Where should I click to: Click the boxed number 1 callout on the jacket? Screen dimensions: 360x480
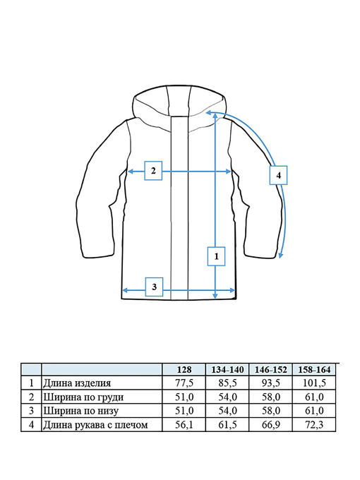pyautogui.click(x=216, y=256)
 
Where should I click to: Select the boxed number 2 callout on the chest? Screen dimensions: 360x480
pyautogui.click(x=153, y=171)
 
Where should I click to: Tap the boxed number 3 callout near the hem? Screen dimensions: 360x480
pyautogui.click(x=154, y=287)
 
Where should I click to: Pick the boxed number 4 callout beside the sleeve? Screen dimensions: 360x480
pyautogui.click(x=278, y=175)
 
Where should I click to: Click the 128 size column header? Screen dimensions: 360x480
pyautogui.click(x=184, y=370)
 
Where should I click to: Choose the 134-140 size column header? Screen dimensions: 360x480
pyautogui.click(x=227, y=370)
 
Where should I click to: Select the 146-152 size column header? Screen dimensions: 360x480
pyautogui.click(x=271, y=370)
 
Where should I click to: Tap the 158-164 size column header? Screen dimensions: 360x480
pyautogui.click(x=314, y=370)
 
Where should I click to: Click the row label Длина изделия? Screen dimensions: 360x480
pyautogui.click(x=77, y=383)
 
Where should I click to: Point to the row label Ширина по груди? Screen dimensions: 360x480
pyautogui.click(x=83, y=397)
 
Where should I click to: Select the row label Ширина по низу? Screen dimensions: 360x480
pyautogui.click(x=80, y=411)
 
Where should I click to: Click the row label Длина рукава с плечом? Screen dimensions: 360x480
pyautogui.click(x=95, y=425)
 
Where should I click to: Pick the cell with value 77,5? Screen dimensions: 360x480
pyautogui.click(x=184, y=383)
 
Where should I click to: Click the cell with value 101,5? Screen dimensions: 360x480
pyautogui.click(x=314, y=383)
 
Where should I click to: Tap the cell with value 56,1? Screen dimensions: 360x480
pyautogui.click(x=184, y=425)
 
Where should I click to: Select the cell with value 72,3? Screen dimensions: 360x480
pyautogui.click(x=314, y=425)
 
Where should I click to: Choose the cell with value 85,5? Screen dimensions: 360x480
pyautogui.click(x=227, y=383)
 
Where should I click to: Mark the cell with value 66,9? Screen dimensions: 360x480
pyautogui.click(x=271, y=425)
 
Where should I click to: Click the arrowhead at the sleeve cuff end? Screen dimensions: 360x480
pyautogui.click(x=280, y=256)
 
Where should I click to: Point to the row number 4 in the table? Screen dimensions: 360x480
pyautogui.click(x=31, y=425)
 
